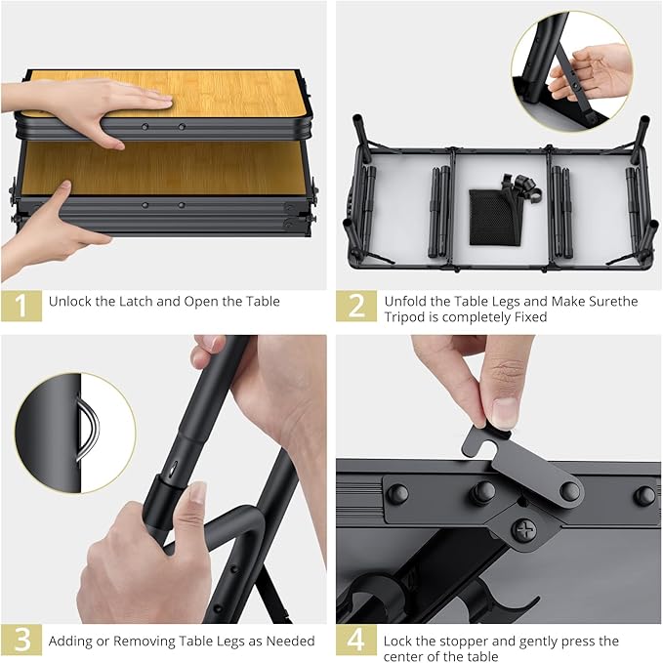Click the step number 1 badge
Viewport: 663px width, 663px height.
[21, 306]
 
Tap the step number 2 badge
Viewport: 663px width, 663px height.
[356, 306]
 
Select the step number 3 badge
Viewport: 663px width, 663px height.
[21, 641]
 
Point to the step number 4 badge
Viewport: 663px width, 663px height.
[356, 641]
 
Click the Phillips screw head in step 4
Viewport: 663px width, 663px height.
[524, 529]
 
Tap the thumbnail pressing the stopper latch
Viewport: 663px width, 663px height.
[505, 413]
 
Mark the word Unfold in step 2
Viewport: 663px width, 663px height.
[404, 302]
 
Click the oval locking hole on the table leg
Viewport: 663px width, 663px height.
[173, 469]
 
